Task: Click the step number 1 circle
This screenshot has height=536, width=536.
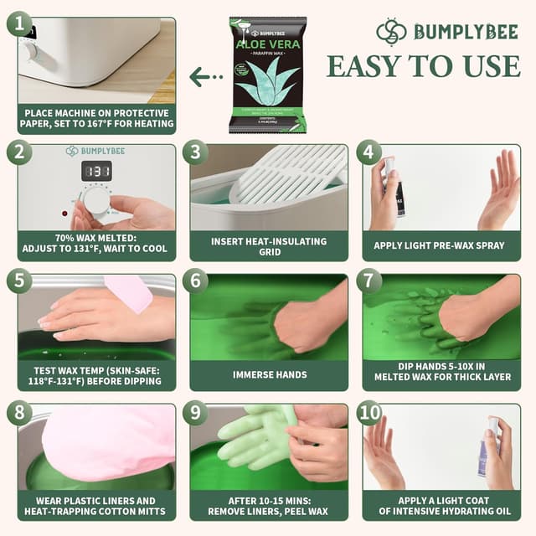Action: [x=19, y=23]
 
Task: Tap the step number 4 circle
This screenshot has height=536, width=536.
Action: [x=369, y=152]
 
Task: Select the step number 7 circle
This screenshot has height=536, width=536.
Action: [x=369, y=281]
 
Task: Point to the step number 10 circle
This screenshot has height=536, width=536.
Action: [x=369, y=413]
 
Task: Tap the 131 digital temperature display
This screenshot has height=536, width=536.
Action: [x=96, y=171]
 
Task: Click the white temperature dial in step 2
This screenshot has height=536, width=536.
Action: [x=96, y=201]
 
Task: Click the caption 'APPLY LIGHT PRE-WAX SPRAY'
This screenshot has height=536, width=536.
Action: [x=442, y=246]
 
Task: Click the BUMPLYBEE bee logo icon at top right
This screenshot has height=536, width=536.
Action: [x=391, y=32]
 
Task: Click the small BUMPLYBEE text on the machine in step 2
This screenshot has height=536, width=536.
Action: [x=102, y=151]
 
